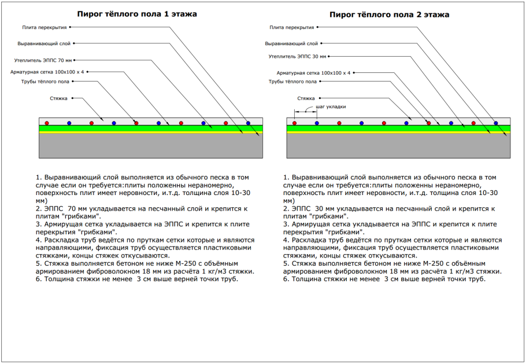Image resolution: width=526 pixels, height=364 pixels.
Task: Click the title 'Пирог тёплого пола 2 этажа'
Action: pyautogui.click(x=389, y=14)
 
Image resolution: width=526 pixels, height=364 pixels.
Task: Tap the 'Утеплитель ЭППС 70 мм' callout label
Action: pyautogui.click(x=43, y=60)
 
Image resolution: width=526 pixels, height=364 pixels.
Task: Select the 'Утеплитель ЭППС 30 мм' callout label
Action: pyautogui.click(x=297, y=57)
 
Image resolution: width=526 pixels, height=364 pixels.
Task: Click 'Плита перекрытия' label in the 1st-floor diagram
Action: pyautogui.click(x=44, y=27)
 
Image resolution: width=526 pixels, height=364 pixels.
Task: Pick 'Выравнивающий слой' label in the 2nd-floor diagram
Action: pyautogui.click(x=291, y=43)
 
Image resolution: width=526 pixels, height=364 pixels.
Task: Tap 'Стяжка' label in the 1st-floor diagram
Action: pyautogui.click(x=58, y=98)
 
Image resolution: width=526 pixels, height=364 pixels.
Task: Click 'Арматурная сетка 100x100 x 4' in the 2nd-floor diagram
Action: pyautogui.click(x=313, y=73)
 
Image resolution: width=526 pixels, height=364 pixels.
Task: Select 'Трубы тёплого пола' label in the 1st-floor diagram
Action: pyautogui.click(x=46, y=82)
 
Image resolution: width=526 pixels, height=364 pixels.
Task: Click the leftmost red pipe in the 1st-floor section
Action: pyautogui.click(x=47, y=123)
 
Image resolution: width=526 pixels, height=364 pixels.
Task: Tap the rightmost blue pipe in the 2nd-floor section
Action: pyautogui.click(x=496, y=123)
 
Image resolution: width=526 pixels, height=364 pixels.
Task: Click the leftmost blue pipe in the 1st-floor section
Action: pyautogui.click(x=69, y=123)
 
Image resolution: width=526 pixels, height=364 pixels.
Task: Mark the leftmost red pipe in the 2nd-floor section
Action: pyautogui.click(x=294, y=123)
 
